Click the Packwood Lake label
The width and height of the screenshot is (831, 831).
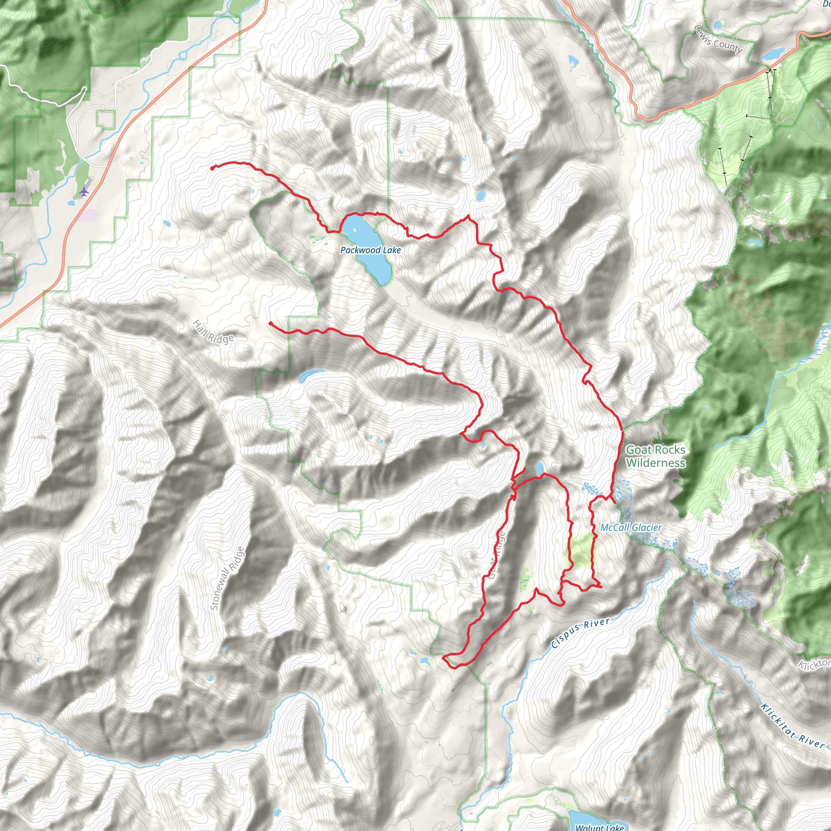(x=370, y=250)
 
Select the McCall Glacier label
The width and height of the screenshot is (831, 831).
(x=631, y=527)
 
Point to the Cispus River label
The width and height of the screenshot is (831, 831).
(x=580, y=633)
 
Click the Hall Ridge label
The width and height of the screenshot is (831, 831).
(x=213, y=332)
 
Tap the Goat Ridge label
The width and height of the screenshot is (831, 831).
(x=497, y=555)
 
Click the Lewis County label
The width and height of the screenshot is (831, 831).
(x=718, y=39)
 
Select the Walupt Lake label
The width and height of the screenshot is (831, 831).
(x=600, y=827)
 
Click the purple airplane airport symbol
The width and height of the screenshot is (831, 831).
(x=84, y=192)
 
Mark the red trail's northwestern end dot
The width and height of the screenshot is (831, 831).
(x=213, y=168)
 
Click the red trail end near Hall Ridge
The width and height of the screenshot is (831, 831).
(x=270, y=323)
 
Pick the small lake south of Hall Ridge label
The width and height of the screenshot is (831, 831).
(x=308, y=375)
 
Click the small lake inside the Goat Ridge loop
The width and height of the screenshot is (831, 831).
(x=539, y=468)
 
